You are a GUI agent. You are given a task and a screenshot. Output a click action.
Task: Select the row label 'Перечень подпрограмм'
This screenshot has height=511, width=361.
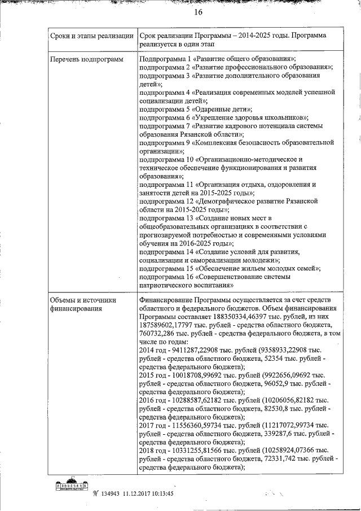tap(86, 59)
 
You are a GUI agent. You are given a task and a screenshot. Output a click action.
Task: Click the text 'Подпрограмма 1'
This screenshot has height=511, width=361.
tap(163, 59)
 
